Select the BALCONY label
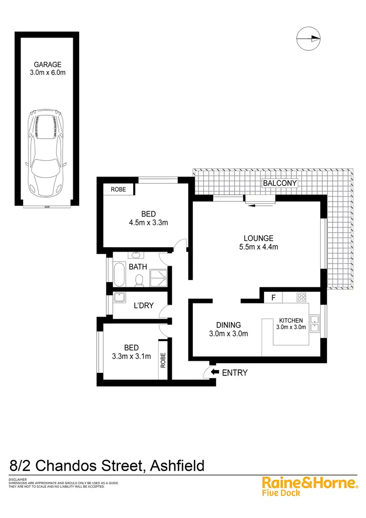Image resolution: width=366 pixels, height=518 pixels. (x=280, y=183)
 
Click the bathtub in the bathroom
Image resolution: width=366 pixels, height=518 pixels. (x=119, y=274)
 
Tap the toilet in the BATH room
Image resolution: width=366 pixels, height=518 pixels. (x=139, y=280)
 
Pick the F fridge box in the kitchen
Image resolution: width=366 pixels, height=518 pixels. (x=273, y=297)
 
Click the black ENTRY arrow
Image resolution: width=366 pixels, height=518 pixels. (x=214, y=372)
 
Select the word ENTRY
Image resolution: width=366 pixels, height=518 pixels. (x=235, y=373)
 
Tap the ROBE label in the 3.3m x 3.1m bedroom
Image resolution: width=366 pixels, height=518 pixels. (x=163, y=361)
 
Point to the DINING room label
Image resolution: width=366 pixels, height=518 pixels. (x=228, y=325)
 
